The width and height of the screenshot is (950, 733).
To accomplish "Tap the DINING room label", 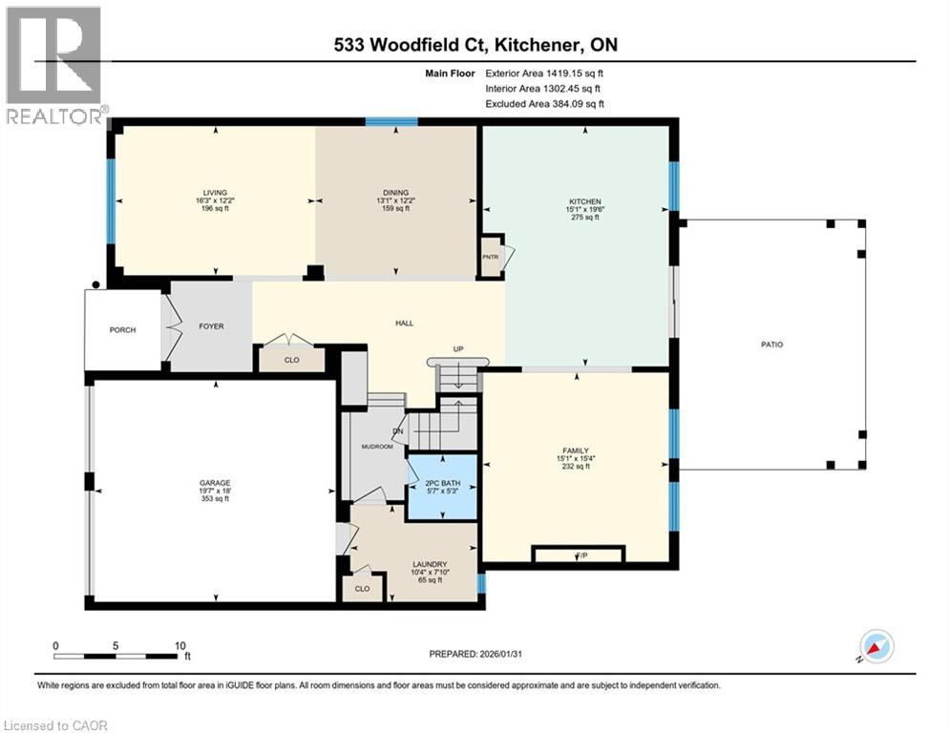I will [x=395, y=193].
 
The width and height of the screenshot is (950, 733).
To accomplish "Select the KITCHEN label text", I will [x=584, y=201].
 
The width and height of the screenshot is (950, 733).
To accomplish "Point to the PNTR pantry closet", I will [x=491, y=256].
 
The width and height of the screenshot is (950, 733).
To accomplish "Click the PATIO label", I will [x=771, y=345].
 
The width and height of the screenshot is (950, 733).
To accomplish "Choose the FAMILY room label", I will [x=575, y=450].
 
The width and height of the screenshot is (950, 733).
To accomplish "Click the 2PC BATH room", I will [x=441, y=488].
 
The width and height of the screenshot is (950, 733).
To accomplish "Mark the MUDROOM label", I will [x=377, y=446].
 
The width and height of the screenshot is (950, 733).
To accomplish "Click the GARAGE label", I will [x=215, y=483].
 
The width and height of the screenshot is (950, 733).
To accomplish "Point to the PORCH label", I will [x=122, y=330].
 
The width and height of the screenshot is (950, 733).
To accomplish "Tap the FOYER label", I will [x=211, y=326].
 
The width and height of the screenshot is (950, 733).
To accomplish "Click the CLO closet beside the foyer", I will [x=291, y=361].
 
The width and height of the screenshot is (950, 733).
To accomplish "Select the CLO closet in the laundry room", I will [x=362, y=589].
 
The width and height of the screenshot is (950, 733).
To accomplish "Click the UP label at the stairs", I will [x=457, y=349].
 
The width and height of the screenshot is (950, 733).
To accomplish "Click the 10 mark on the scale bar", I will [x=179, y=646].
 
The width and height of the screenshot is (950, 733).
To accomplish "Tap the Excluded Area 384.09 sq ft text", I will [x=545, y=104].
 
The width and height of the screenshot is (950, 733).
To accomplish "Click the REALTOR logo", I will [x=53, y=65].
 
